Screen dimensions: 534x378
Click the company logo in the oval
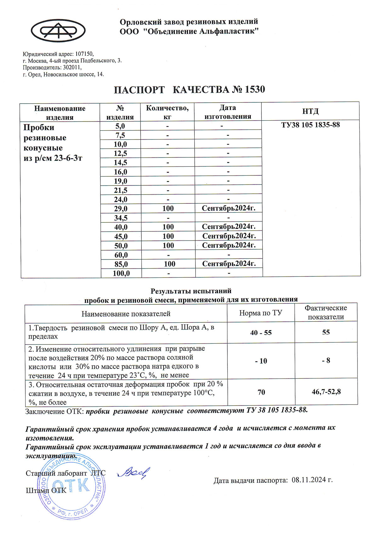pos(58,30)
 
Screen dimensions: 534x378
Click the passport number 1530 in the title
pos(255,90)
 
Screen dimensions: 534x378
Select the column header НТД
pos(310,111)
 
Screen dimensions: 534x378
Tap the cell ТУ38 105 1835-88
pos(310,125)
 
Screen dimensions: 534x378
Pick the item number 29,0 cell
pos(121,209)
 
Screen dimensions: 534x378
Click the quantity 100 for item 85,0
pos(170,264)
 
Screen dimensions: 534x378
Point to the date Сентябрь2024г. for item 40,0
pos(228,227)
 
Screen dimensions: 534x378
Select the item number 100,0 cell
pos(121,273)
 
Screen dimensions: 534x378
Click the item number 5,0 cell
pos(120,126)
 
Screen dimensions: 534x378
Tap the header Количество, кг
pos(167,112)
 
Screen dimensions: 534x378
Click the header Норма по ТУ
pos(261,313)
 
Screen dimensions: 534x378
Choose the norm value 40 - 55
pos(261,333)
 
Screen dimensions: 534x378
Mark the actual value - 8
pos(326,361)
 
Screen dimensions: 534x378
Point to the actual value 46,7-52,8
pos(326,392)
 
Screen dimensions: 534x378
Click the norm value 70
pos(261,392)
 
